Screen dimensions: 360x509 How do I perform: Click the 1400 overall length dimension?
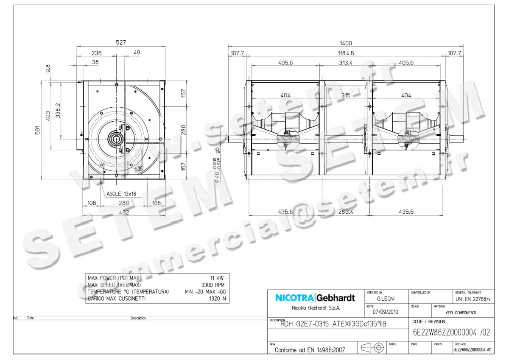[346, 43]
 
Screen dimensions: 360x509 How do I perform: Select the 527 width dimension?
[121, 43]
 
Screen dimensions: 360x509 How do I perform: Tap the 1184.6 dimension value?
[346, 53]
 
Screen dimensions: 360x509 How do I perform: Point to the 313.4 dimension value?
[346, 63]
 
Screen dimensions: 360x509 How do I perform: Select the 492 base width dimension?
[123, 212]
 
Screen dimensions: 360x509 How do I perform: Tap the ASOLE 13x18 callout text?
[121, 194]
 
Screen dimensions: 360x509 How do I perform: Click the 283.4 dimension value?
[346, 212]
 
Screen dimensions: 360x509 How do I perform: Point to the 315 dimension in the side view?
[346, 95]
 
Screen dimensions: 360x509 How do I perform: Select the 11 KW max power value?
[217, 278]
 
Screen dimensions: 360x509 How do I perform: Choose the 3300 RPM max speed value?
[213, 285]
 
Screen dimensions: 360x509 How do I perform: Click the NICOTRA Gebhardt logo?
[315, 298]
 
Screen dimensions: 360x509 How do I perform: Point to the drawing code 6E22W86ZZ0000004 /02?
[451, 333]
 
